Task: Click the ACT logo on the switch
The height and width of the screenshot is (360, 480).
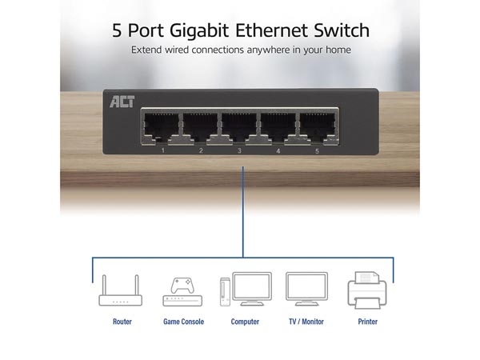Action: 122,102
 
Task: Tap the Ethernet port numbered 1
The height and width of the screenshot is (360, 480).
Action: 161,126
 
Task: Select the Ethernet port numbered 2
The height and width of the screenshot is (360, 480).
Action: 200,126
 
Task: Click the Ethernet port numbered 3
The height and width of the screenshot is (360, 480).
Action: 238,126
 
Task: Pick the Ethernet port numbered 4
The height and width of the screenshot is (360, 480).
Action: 278,126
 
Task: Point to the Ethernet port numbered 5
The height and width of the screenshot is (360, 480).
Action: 317,126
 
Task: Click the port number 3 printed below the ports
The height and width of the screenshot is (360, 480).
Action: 239,150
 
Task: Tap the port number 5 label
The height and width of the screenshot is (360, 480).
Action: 317,151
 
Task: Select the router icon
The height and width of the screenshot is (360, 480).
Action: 120,290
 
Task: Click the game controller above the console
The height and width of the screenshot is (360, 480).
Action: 182,286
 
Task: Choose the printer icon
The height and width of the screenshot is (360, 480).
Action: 367,290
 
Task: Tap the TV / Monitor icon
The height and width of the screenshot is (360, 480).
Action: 306,289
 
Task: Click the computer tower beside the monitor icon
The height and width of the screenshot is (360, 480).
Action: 225,292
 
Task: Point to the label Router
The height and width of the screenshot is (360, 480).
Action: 122,322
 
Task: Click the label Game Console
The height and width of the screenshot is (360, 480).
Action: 183,322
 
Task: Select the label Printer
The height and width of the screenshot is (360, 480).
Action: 368,322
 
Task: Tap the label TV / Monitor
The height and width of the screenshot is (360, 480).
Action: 306,322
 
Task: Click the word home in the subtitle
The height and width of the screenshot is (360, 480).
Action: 338,50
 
